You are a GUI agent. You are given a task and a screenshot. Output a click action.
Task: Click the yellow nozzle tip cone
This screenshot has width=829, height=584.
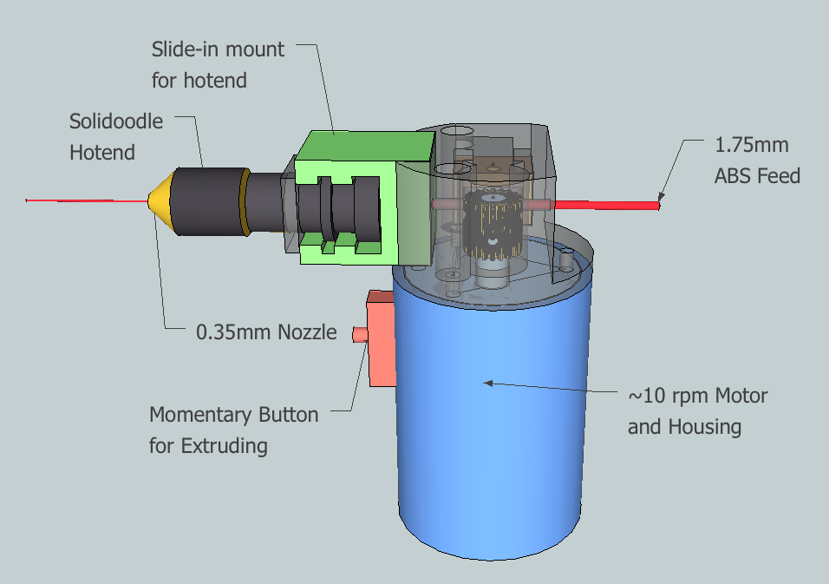159,200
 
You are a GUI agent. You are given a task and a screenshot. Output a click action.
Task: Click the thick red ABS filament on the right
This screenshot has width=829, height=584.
607,205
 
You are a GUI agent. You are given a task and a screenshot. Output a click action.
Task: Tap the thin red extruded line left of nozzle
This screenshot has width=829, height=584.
87,200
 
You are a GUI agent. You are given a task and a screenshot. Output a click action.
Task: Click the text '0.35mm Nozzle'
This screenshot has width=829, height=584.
266,331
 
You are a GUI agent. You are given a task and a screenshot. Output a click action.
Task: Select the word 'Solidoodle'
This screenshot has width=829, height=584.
116,121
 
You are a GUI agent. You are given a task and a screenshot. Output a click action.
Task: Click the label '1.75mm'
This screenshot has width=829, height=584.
751,145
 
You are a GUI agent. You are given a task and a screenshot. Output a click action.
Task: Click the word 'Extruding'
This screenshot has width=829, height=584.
224,446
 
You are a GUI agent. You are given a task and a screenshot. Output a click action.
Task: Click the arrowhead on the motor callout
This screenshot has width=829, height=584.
488,382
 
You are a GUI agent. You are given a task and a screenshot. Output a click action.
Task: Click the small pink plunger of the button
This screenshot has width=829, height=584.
358,333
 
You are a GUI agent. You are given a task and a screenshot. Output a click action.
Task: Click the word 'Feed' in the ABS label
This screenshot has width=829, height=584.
775,176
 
